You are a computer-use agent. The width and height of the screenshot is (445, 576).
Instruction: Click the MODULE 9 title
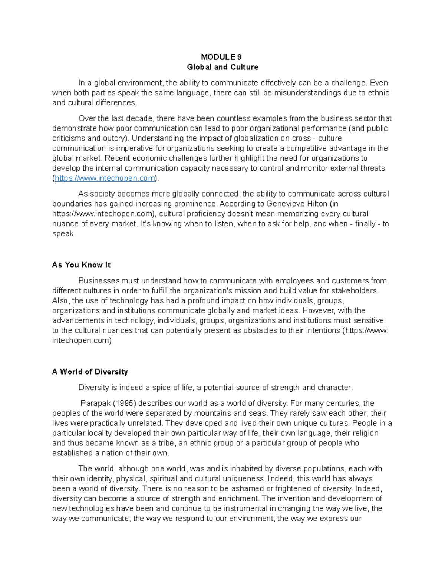tap(221, 57)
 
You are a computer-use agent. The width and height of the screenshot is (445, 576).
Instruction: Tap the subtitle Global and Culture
tap(222, 67)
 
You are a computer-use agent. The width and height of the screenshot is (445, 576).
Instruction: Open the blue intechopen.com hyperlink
tap(105, 178)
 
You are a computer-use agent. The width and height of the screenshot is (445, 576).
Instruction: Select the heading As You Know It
tap(81, 265)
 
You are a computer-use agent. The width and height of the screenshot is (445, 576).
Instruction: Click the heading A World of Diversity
tap(90, 372)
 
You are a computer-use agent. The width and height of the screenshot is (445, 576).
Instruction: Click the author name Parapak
tap(95, 404)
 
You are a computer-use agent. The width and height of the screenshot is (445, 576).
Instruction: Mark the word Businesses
tap(99, 281)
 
